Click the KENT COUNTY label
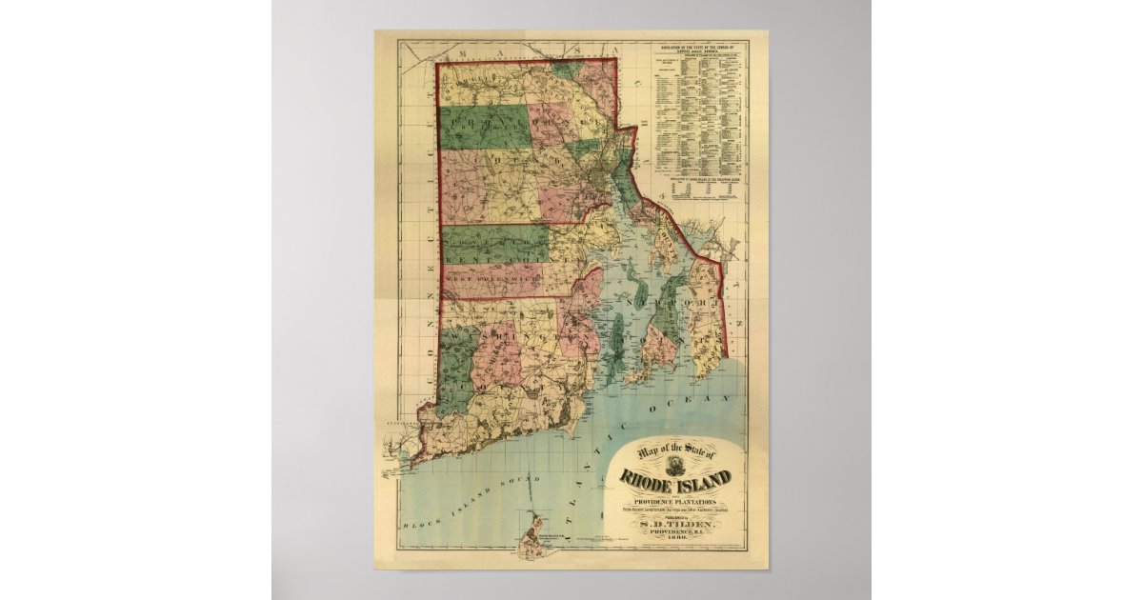click(495, 256)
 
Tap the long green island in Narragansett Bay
click(615, 344)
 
